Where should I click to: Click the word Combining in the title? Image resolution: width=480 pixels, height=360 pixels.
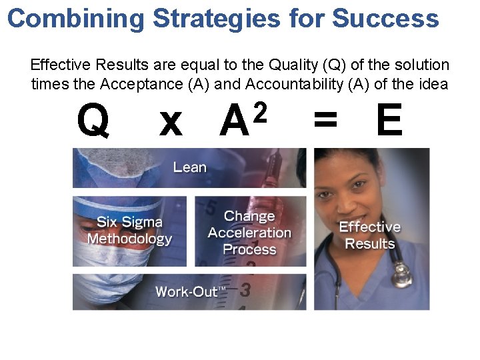click(x=75, y=18)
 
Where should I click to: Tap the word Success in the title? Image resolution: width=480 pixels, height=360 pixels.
click(x=385, y=18)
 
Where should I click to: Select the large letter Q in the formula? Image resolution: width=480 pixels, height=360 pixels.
click(x=93, y=121)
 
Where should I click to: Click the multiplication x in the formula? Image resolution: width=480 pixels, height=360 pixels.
click(x=171, y=123)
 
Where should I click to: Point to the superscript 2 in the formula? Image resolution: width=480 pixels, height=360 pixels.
click(x=261, y=111)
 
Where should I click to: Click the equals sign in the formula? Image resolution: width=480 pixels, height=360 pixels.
click(x=325, y=123)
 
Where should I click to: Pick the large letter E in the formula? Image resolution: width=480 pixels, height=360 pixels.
click(x=389, y=121)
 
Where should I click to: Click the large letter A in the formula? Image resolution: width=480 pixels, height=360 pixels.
click(x=235, y=123)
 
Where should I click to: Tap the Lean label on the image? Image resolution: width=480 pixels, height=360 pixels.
click(x=190, y=167)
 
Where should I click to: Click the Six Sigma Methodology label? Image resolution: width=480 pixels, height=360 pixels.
click(x=129, y=230)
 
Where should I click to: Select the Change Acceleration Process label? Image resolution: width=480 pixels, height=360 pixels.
click(x=249, y=233)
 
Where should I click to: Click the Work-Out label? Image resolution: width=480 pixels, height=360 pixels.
click(x=191, y=291)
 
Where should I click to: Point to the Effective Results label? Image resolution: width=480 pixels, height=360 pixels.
click(x=370, y=235)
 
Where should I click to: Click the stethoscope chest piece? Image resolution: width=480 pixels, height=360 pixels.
click(x=401, y=275)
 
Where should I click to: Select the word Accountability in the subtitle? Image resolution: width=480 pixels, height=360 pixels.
click(x=294, y=85)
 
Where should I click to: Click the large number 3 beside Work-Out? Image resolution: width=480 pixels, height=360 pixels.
click(x=245, y=290)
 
